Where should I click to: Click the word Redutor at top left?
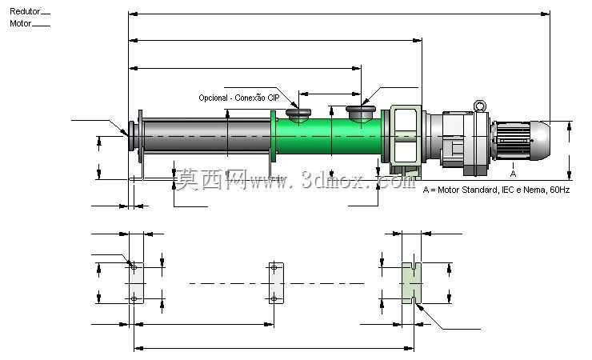point(25,11)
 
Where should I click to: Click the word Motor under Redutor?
point(20,23)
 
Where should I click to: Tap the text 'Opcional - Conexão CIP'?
point(239,98)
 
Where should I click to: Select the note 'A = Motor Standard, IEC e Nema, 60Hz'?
point(496,190)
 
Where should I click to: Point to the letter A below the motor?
point(513,174)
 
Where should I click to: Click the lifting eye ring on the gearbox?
point(480,106)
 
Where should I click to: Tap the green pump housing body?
point(329,136)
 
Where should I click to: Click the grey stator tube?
point(207,136)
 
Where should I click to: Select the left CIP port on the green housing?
point(298,115)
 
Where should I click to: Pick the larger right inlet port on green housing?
point(361,113)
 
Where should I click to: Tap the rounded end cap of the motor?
point(541,140)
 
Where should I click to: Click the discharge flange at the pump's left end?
point(132,136)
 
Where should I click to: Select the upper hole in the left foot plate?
point(134,267)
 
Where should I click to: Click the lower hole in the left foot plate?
point(134,299)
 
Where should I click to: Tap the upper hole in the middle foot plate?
point(274,267)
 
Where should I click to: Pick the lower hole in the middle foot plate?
point(274,299)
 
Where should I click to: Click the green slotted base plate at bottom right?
point(411,283)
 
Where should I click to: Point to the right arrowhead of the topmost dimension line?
point(545,14)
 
